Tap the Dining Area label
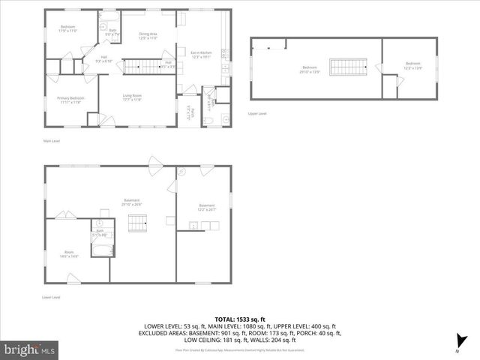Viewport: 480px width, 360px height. pyautogui.click(x=148, y=36)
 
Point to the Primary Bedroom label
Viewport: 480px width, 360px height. pyautogui.click(x=72, y=100)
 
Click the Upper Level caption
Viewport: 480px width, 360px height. pyautogui.click(x=257, y=113)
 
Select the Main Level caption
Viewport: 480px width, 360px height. pyautogui.click(x=52, y=141)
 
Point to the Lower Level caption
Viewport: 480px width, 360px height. pyautogui.click(x=52, y=297)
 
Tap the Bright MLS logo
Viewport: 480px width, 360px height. pyautogui.click(x=30, y=349)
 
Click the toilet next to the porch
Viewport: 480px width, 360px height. pyautogui.click(x=209, y=121)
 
